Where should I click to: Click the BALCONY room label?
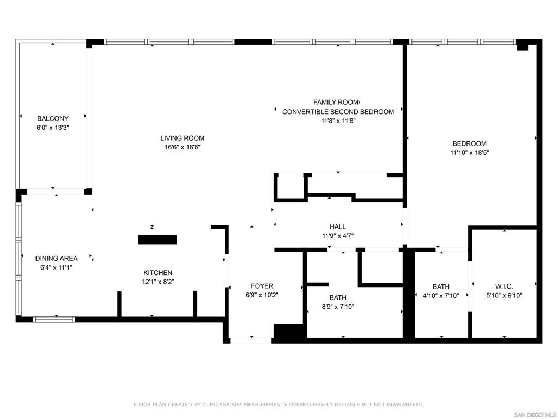(x=53, y=118)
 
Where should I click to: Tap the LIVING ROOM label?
(x=182, y=138)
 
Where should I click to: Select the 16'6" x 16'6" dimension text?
(x=182, y=147)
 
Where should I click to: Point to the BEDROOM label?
(x=469, y=143)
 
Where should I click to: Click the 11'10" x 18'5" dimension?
(x=469, y=153)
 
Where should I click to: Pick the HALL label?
(x=338, y=226)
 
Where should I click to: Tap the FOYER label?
(x=262, y=286)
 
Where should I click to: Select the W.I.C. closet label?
(x=504, y=286)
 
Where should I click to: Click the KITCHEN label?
(x=157, y=273)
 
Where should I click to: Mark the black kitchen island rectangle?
(x=157, y=240)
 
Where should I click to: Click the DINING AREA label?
(x=56, y=258)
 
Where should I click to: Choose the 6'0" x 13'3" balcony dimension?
(x=53, y=128)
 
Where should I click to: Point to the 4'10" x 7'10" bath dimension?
(x=441, y=295)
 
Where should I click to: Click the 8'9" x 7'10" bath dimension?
(x=338, y=307)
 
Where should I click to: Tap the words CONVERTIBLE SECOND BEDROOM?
(x=338, y=112)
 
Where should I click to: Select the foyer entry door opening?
(x=251, y=340)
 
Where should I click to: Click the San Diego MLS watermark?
(x=535, y=415)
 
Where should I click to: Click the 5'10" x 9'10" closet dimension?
(x=504, y=295)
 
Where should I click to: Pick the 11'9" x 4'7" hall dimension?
(x=338, y=236)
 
